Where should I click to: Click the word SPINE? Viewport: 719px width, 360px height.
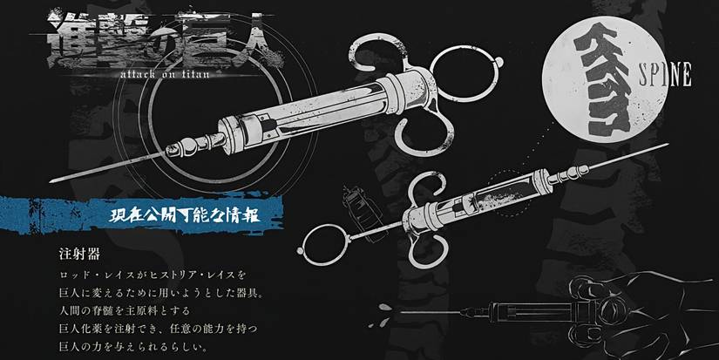(x=667, y=75)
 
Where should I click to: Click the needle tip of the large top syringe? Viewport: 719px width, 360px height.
(x=54, y=180)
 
